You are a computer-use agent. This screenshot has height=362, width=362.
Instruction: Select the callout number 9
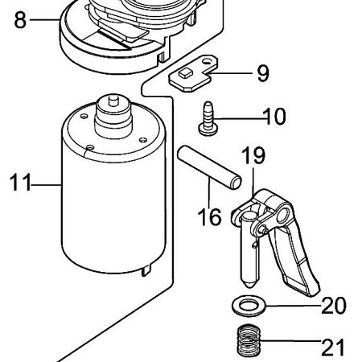coord(263,74)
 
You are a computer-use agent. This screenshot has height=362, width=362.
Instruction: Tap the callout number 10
coord(273,117)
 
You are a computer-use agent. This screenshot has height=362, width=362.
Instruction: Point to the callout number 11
coord(21,183)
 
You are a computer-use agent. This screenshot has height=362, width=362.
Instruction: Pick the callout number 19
coord(253,156)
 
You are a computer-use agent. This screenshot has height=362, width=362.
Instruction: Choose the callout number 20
coord(333,306)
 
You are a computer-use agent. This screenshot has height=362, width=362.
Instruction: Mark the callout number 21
coord(332,347)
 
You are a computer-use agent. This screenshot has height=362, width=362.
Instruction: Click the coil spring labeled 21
coord(249,344)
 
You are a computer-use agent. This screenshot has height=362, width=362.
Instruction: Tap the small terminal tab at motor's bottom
coord(146,269)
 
